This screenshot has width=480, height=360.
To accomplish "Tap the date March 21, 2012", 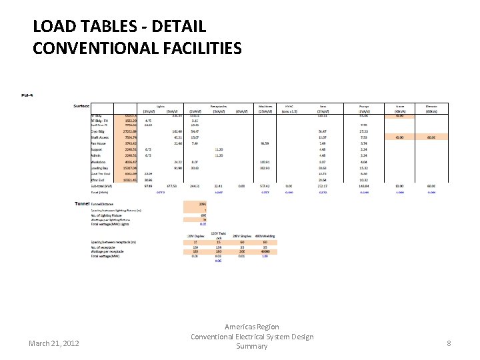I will [54, 343].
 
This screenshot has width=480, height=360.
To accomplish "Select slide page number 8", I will [449, 343].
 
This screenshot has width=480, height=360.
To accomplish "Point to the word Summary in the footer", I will [252, 346].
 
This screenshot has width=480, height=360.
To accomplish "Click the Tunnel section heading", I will [81, 203].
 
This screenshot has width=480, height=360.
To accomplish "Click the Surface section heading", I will [82, 106].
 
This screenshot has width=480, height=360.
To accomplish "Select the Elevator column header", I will [431, 106].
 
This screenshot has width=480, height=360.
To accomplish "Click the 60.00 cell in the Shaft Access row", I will [431, 138].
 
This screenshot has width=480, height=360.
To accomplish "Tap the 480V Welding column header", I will [265, 237].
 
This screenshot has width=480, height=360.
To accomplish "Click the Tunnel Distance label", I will [103, 203].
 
